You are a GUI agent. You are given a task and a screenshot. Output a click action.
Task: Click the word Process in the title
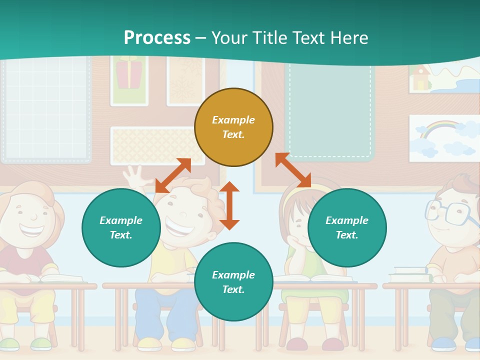click(x=157, y=37)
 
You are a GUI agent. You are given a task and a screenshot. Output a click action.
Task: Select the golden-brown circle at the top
click(x=233, y=127)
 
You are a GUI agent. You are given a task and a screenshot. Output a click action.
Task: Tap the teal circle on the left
click(x=121, y=227)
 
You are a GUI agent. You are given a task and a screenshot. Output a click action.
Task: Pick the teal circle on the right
click(x=347, y=227)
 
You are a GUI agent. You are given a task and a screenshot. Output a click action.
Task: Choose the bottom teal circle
click(x=233, y=282)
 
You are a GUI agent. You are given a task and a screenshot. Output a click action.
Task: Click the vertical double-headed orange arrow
click(x=229, y=205)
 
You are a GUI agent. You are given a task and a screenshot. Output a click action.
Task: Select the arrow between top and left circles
click(x=173, y=175)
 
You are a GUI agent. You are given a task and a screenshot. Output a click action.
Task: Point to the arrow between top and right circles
click(x=293, y=170)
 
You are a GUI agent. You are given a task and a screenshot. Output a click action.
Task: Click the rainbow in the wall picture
click(x=438, y=129)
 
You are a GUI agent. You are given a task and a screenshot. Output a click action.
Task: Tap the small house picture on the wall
click(x=420, y=78)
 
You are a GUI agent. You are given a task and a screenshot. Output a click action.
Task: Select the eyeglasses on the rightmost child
click(x=448, y=212)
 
